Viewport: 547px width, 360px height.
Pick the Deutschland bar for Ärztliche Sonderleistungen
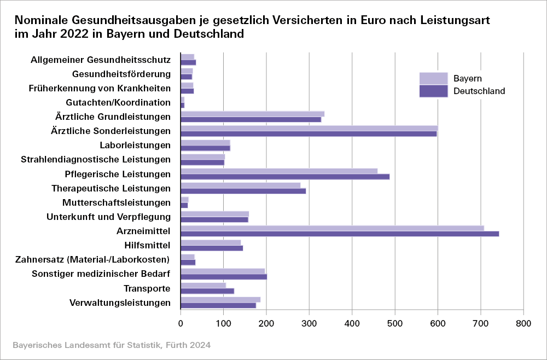[x=309, y=133]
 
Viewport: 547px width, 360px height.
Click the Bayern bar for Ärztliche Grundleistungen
[x=252, y=114]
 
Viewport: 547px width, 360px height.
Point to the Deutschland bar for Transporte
[x=207, y=291]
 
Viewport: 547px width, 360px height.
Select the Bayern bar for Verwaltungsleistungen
[x=220, y=299]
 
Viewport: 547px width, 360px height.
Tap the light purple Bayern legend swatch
[x=433, y=78]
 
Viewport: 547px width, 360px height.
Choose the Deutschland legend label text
[x=479, y=91]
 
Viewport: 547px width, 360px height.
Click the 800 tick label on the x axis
[x=523, y=324]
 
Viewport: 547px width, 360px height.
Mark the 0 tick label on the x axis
[x=181, y=324]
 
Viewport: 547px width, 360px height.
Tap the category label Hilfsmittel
[x=148, y=245]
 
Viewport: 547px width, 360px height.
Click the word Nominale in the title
[x=41, y=20]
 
